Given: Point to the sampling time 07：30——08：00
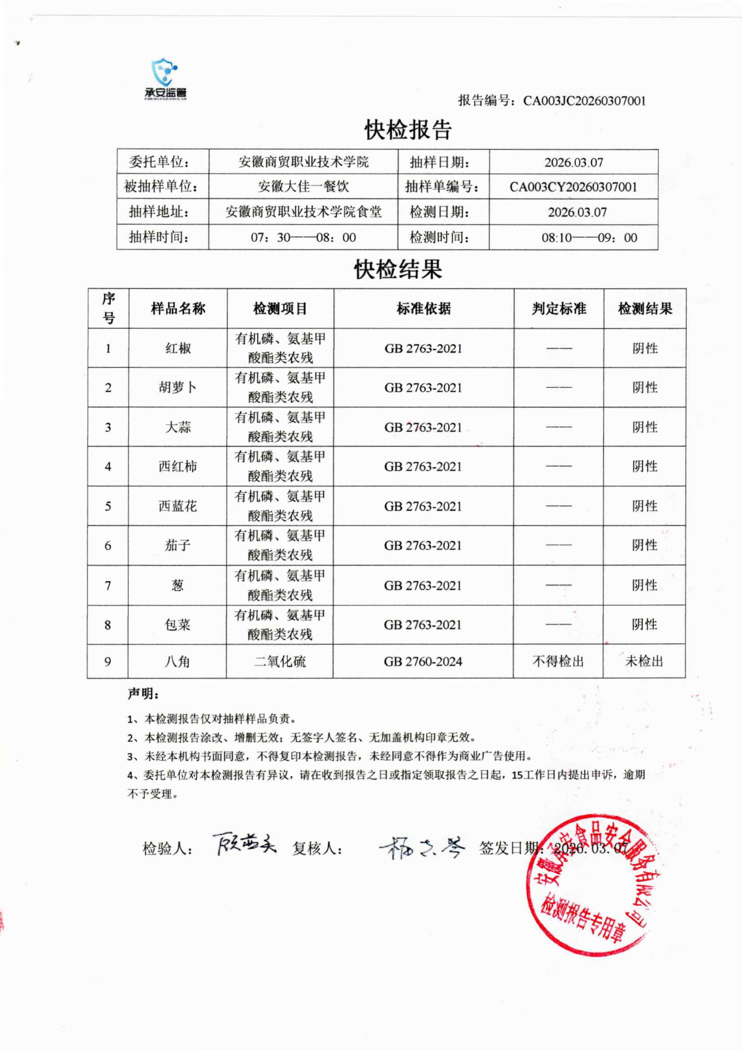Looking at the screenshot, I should tap(303, 237).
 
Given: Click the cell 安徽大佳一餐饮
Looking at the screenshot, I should tap(303, 187).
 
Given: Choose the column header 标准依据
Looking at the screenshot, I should tap(424, 309).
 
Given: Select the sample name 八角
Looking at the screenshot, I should tap(177, 661).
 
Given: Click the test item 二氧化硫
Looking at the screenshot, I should tap(280, 661).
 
